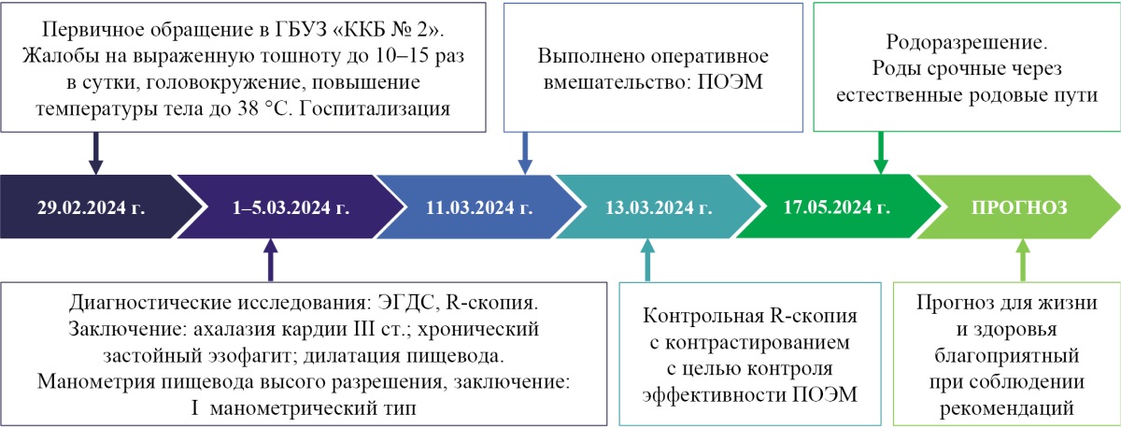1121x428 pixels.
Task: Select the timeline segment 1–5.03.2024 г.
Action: [291, 207]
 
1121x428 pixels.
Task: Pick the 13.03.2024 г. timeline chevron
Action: [665, 207]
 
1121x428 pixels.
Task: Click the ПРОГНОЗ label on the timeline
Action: [1019, 207]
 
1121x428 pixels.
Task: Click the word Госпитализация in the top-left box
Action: [386, 109]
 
